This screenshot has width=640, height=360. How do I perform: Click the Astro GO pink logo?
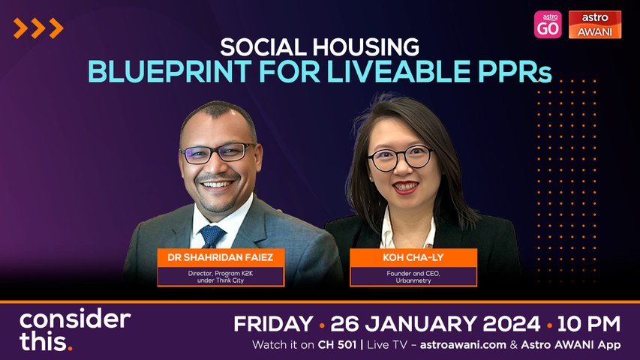point(548,25)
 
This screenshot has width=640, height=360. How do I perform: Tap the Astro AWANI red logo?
point(595,25)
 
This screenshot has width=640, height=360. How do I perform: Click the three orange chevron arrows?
point(38,28)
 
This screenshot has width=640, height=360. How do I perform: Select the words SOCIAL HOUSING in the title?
point(320,47)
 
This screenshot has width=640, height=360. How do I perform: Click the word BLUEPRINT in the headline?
point(170,71)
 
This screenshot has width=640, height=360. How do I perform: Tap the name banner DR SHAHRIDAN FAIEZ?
point(221,257)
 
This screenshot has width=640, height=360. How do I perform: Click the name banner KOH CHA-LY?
point(413,257)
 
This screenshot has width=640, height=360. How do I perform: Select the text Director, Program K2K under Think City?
point(221,277)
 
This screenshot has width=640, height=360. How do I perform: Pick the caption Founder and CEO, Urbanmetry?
point(413,277)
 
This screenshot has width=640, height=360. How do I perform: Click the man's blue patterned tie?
point(212,236)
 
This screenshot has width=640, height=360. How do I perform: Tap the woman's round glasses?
point(400,158)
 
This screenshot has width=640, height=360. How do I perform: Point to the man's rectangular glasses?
point(218,153)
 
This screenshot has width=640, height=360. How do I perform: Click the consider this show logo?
point(75,330)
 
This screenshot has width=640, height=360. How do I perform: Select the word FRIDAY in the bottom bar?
point(273,324)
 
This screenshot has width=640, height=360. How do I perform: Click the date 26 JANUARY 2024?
point(435,324)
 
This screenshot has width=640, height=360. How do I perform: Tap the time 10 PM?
point(588,324)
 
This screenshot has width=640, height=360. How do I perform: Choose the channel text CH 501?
point(337,345)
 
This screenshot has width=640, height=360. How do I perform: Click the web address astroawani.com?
point(463,345)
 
